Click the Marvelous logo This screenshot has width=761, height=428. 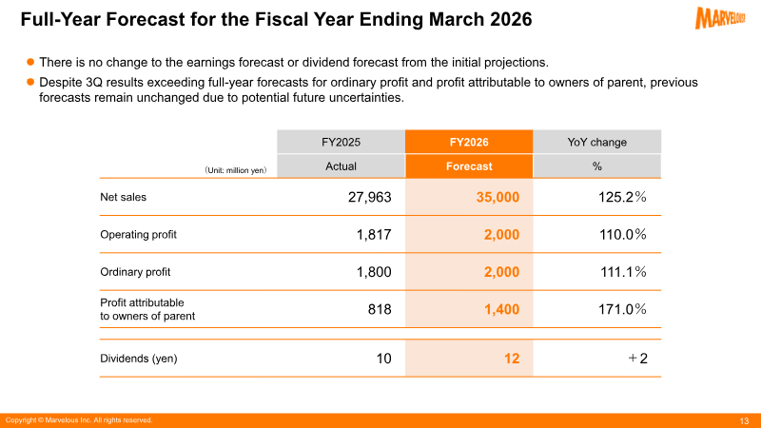click(720, 18)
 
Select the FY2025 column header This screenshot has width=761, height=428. click(341, 142)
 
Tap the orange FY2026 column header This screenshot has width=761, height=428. click(469, 142)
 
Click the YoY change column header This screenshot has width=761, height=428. click(597, 142)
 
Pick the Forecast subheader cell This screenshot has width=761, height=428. click(469, 165)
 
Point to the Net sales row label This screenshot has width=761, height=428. click(124, 197)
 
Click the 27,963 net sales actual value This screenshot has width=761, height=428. click(369, 197)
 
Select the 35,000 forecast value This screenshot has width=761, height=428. click(498, 197)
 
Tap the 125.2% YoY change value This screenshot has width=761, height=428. click(622, 197)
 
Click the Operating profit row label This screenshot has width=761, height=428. click(138, 234)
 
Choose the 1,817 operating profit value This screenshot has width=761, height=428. click(374, 235)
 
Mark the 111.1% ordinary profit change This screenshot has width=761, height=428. click(623, 272)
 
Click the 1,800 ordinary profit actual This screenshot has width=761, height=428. click(374, 272)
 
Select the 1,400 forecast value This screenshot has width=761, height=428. click(502, 309)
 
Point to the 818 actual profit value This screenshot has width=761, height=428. click(380, 309)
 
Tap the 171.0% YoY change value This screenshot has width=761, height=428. click(622, 309)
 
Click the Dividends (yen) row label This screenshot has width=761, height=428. click(139, 359)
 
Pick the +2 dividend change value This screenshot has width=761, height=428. click(637, 359)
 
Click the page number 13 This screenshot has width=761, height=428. click(744, 420)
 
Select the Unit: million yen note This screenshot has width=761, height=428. click(235, 170)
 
